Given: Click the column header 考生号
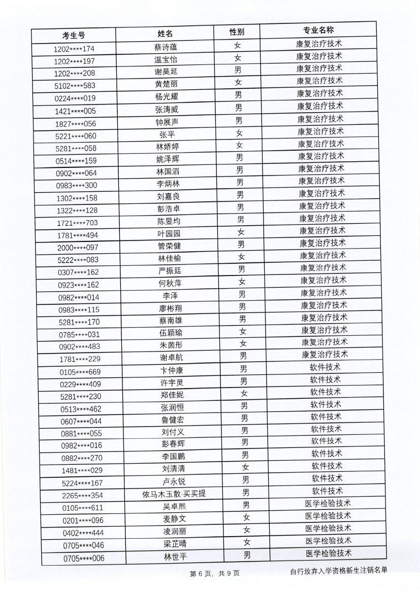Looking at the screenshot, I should coord(74,35).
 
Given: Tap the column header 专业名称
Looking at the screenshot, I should coord(318,30).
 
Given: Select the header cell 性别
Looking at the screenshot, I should coord(237,32).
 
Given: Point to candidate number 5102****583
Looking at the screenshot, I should coord(75,85).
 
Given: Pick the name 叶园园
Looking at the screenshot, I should coord(169,233).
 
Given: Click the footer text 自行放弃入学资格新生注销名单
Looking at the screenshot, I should coord(339,571).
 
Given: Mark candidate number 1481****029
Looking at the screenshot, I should coord(82,470).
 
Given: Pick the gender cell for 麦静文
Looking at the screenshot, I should coord(246,517).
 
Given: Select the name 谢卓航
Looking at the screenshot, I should coord(171,358).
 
